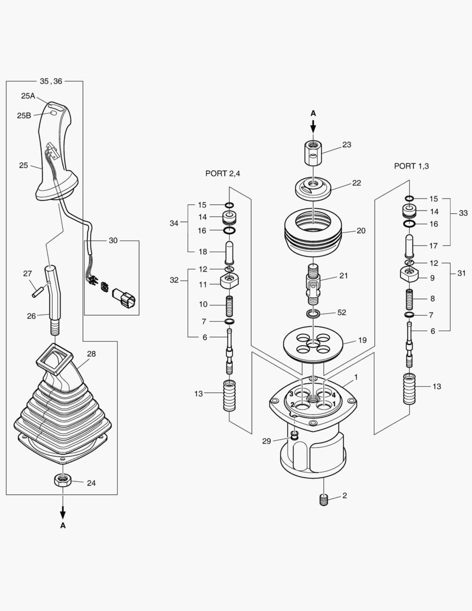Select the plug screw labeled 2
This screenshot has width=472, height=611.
(324, 500)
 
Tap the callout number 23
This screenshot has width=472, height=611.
(347, 145)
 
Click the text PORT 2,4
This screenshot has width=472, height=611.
(223, 174)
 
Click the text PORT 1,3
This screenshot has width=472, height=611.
(412, 166)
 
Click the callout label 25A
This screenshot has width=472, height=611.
(28, 96)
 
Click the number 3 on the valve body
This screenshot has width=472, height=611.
(291, 394)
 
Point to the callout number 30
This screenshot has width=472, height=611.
(113, 240)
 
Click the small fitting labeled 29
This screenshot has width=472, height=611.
(294, 434)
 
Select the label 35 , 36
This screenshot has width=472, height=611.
(51, 81)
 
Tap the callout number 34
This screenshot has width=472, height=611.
(174, 223)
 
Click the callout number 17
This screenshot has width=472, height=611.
(434, 246)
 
